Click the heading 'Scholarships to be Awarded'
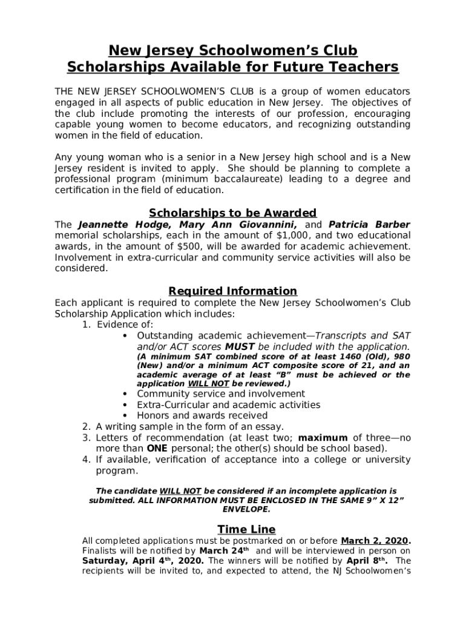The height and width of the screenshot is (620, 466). click(232, 213)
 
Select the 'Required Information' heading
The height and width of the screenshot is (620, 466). click(232, 291)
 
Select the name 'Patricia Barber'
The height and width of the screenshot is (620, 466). click(369, 225)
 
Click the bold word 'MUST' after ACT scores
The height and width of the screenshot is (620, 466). click(240, 347)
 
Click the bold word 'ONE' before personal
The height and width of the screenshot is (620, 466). click(157, 449)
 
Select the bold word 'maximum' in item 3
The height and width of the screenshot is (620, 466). click(323, 438)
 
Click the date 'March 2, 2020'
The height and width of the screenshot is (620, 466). click(375, 541)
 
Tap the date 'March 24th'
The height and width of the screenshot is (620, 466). click(224, 552)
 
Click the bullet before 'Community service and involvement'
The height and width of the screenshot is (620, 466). click(125, 394)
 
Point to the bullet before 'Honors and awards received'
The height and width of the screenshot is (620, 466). click(125, 416)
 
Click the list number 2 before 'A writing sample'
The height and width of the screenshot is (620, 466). click(87, 427)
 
